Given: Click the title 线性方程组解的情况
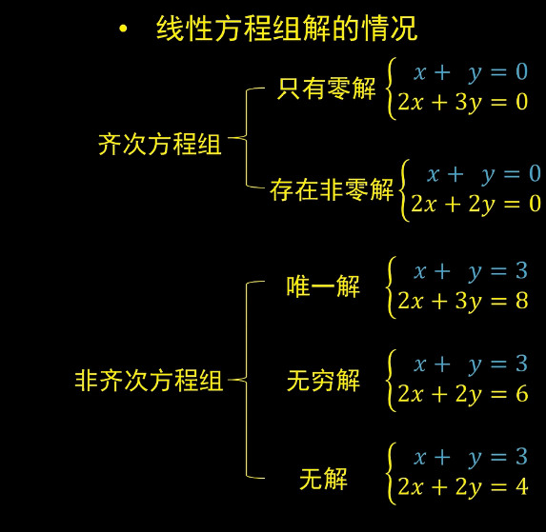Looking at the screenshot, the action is point(287,29).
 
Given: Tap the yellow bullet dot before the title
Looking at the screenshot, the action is point(123,29).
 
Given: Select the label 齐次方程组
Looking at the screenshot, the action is point(160,144).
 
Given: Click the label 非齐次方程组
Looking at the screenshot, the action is point(149,381).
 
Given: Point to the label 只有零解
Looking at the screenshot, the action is point(326,89).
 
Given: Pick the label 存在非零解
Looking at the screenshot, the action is point(332,189).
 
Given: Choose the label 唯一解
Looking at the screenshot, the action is point(323,286).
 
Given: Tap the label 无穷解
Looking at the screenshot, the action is point(323,381).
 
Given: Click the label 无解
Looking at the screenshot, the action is point(323,479).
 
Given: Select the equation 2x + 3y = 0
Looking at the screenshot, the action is point(463,103).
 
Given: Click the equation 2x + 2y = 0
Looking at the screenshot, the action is point(476,204).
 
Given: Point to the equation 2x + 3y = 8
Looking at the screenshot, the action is point(463,301).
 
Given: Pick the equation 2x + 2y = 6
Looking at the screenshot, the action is point(463,394).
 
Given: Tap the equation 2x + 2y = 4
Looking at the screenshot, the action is point(463,487).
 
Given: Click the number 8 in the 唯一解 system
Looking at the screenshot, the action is point(522,301).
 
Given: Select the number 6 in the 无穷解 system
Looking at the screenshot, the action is point(522,394).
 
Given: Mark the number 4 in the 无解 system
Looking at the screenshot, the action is point(522,486).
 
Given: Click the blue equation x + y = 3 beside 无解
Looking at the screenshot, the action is point(471,457).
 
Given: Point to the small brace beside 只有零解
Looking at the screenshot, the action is point(390,89).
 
